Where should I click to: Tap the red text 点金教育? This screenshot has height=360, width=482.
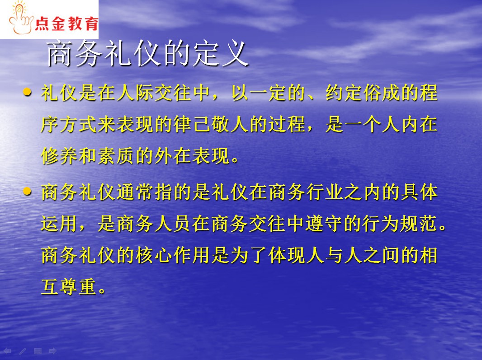click(66, 23)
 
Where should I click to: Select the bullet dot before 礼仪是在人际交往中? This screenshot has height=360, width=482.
click(27, 92)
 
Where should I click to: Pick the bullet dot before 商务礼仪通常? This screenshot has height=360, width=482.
click(27, 192)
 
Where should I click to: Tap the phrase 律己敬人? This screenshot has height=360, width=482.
click(211, 124)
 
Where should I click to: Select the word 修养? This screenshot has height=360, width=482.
click(60, 156)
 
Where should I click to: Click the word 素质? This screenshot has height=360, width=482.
click(116, 156)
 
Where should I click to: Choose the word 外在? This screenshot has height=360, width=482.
click(173, 156)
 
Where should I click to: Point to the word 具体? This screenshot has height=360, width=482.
click(420, 192)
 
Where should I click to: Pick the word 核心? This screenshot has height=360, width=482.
click(154, 255)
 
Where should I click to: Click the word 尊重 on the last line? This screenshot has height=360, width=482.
click(78, 287)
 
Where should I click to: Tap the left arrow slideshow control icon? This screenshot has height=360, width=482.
click(7, 351)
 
